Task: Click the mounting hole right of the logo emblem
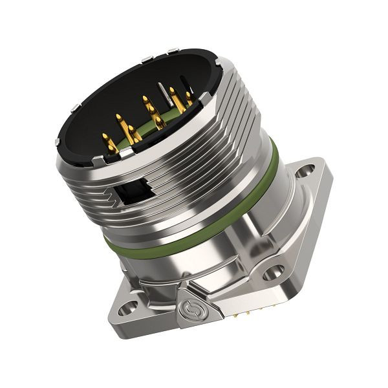(274, 272)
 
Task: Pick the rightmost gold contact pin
(188, 98)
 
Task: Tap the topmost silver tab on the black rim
(172, 51)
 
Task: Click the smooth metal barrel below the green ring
(207, 259)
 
